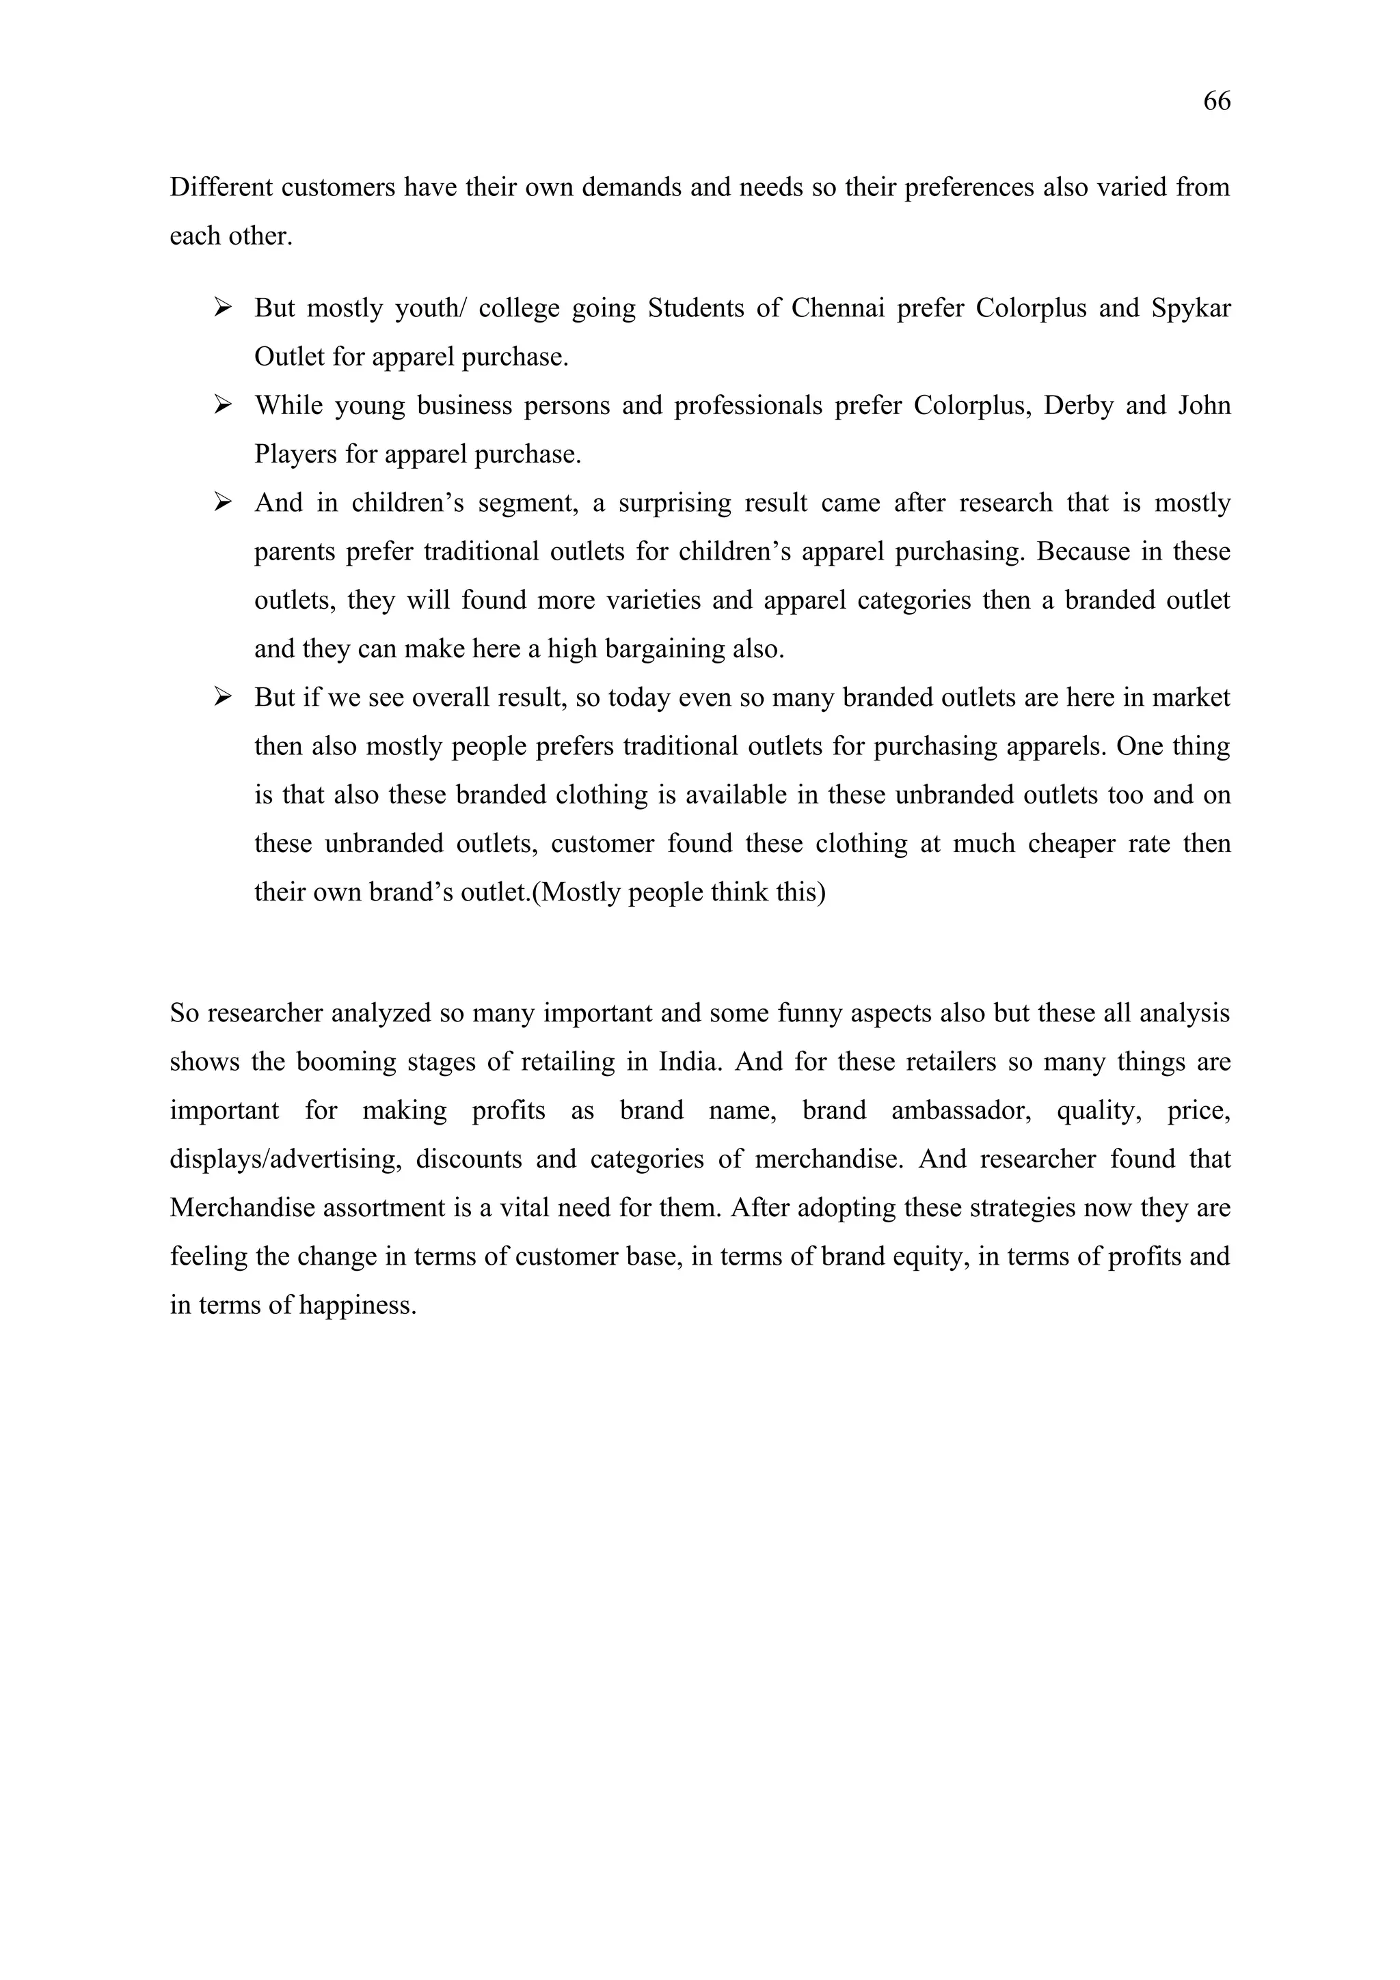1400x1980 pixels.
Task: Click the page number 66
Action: tap(1216, 102)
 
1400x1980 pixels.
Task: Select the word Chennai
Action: tap(837, 308)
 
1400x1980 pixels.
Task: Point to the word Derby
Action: tap(1078, 405)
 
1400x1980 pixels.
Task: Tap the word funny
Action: tap(807, 1013)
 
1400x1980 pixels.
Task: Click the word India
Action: tap(689, 1062)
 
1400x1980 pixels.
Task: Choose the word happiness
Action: tap(358, 1306)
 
